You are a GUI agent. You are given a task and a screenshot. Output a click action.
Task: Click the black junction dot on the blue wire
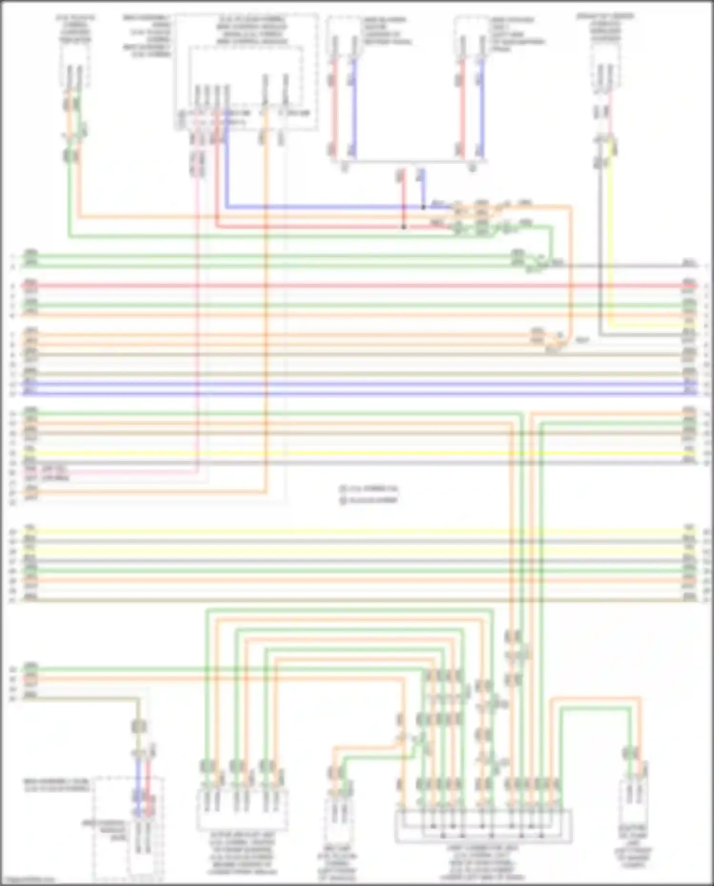point(423,207)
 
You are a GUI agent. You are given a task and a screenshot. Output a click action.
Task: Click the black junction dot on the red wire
point(404,227)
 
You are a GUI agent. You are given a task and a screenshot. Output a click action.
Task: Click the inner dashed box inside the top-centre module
point(246,76)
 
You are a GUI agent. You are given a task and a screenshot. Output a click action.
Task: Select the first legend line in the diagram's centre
point(369,489)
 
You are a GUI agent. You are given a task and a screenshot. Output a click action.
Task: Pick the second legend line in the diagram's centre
point(369,500)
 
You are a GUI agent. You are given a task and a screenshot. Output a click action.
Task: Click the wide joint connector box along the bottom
point(483,826)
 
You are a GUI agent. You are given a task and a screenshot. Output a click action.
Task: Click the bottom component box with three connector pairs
point(242,809)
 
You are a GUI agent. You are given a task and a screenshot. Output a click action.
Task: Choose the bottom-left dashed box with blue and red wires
point(129,828)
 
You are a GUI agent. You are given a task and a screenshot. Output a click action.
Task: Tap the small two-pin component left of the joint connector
point(339,814)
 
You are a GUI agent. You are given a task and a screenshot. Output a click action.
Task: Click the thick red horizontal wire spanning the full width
point(357,286)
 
